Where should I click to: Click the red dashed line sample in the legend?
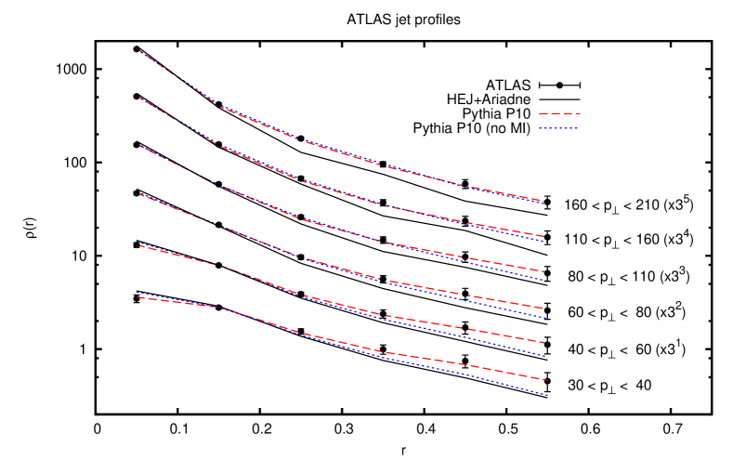[559, 113]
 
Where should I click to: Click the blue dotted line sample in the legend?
[558, 128]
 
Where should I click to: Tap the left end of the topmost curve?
[140, 51]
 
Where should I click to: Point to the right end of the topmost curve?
[543, 201]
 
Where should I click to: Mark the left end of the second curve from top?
[140, 98]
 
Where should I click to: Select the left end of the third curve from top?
[140, 146]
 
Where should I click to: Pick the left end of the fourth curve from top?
[140, 194]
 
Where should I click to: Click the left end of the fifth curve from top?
[139, 245]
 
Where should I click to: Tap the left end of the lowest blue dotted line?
[137, 293]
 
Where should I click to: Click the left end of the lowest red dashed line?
[137, 297]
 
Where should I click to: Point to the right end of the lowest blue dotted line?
[547, 396]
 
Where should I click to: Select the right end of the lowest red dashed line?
[547, 380]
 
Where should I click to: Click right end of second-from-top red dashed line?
[543, 236]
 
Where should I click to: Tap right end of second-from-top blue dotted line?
[543, 242]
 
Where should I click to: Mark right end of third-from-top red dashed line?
[543, 271]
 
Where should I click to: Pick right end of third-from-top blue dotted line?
[543, 280]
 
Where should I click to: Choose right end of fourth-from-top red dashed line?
[545, 308]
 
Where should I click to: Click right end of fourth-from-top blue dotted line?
[545, 318]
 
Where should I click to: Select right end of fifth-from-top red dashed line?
[545, 343]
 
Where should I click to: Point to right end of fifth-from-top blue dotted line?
[545, 356]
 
